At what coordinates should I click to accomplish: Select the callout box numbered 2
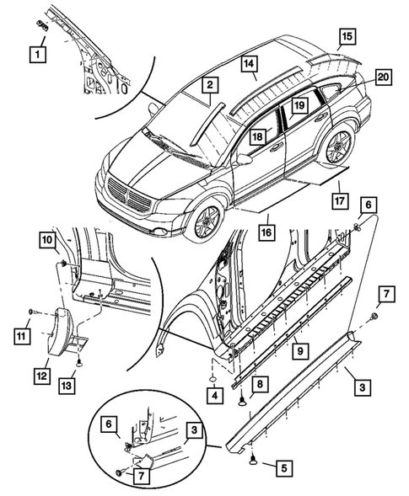(x=208, y=84)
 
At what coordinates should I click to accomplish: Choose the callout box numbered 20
(x=384, y=77)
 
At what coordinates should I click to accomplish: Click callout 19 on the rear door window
(x=299, y=105)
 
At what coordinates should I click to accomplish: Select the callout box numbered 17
(x=339, y=201)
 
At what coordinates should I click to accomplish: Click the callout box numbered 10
(x=46, y=242)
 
